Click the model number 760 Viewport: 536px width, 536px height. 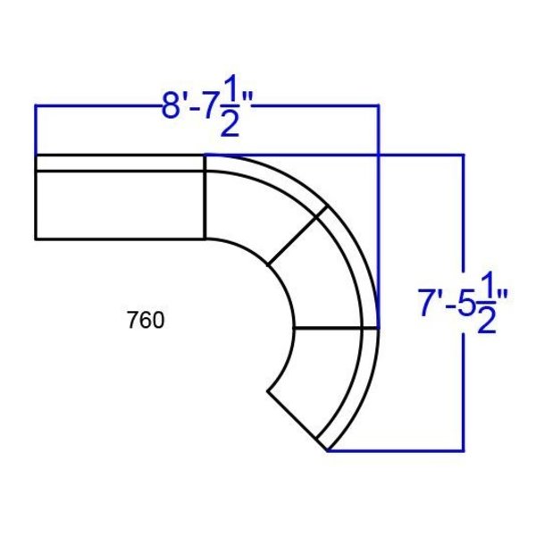tap(146, 321)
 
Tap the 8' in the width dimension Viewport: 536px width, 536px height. tap(175, 105)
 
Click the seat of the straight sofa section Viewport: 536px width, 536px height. tap(120, 205)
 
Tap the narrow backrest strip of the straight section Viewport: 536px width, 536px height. tap(120, 163)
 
